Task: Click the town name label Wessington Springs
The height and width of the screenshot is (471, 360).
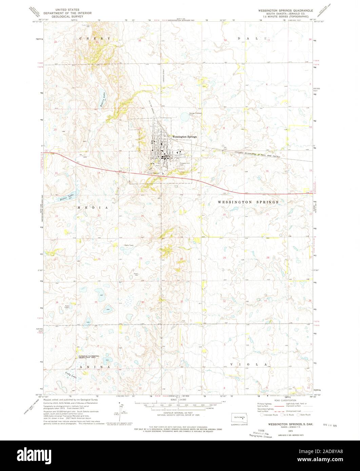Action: coord(184,137)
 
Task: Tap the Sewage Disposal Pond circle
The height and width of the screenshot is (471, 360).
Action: coord(185,118)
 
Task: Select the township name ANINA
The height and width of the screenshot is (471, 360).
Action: coord(95,367)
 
